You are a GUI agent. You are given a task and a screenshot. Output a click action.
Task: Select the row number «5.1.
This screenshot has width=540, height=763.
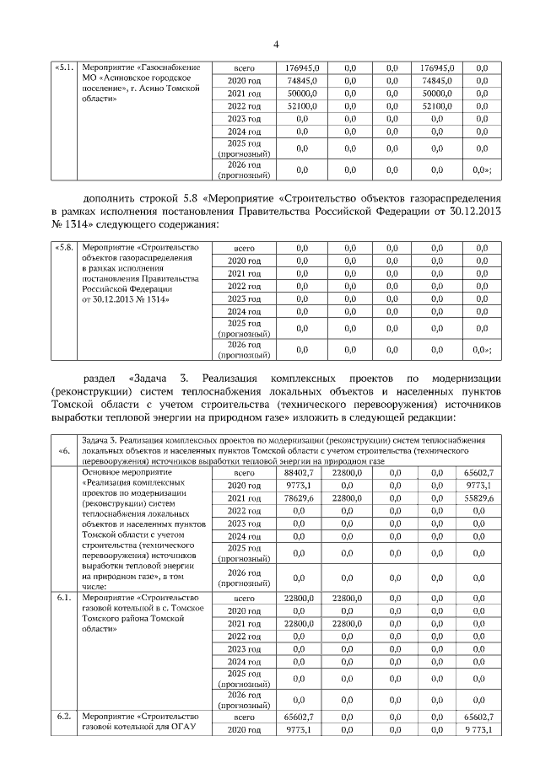pyautogui.click(x=64, y=67)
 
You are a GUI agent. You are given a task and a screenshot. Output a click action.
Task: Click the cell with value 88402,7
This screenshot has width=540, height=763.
pyautogui.click(x=300, y=473)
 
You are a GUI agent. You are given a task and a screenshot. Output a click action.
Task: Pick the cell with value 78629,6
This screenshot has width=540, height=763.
pyautogui.click(x=300, y=498)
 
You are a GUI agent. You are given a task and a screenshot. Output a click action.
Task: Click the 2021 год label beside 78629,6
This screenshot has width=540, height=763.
pyautogui.click(x=244, y=498)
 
